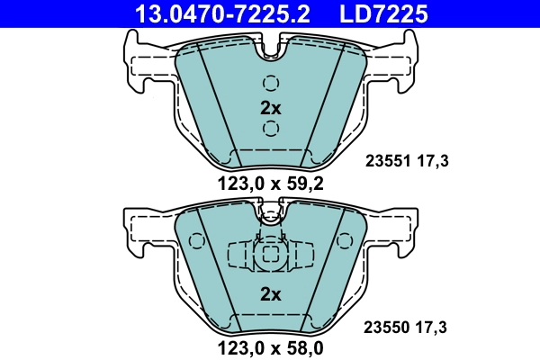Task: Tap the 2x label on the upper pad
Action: (x=271, y=107)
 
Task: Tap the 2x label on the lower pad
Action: (x=271, y=293)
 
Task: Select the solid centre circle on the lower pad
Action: (x=269, y=256)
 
